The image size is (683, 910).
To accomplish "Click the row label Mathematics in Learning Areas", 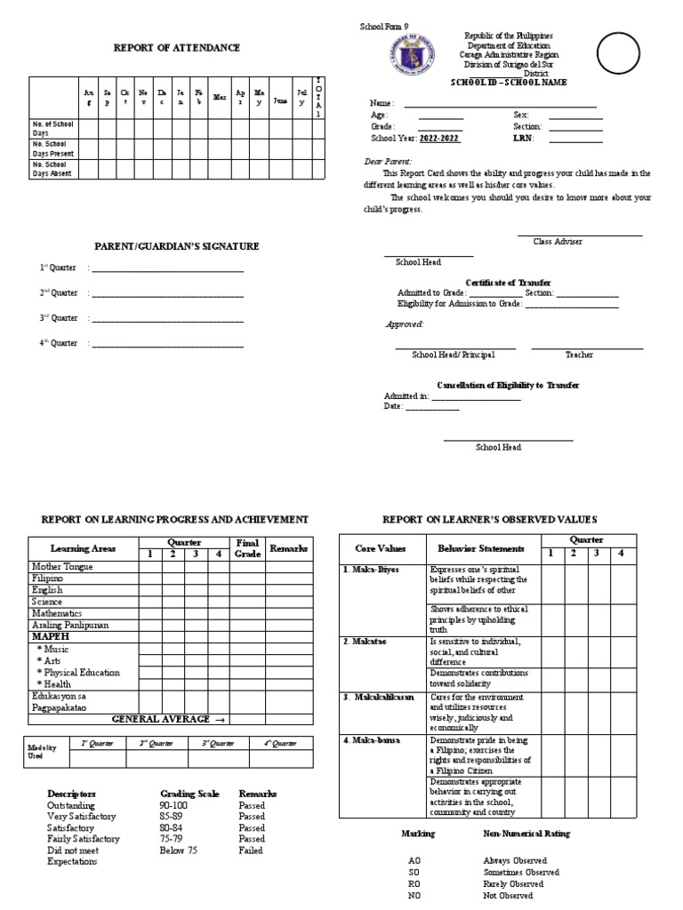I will pyautogui.click(x=57, y=613).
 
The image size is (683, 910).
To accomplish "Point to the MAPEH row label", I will pyautogui.click(x=50, y=637).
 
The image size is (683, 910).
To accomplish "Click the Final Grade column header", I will pyautogui.click(x=245, y=548).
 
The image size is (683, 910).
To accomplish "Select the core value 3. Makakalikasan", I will pyautogui.click(x=379, y=697).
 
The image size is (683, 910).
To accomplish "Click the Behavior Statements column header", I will pyautogui.click(x=477, y=549).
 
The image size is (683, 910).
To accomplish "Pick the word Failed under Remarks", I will pyautogui.click(x=252, y=850).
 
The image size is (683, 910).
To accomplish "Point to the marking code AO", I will pyautogui.click(x=414, y=861).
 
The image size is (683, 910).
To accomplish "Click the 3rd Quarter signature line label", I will pyautogui.click(x=59, y=317).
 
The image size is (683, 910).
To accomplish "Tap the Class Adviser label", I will pyautogui.click(x=558, y=242).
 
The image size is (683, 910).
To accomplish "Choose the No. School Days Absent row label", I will pyautogui.click(x=52, y=169).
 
